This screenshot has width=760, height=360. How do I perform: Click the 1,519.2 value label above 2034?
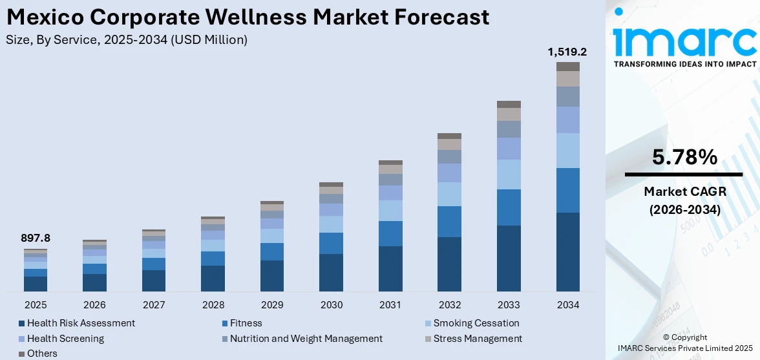tap(567, 52)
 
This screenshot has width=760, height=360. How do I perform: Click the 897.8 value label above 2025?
tap(36, 238)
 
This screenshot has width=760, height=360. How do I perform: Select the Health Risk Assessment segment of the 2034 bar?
tap(567, 251)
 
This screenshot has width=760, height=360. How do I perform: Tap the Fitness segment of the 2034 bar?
tap(567, 190)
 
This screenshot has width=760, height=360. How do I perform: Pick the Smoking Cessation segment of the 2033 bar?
tap(509, 175)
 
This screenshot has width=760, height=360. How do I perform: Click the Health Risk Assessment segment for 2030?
tap(331, 272)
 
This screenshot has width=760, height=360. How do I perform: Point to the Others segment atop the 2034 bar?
tap(567, 67)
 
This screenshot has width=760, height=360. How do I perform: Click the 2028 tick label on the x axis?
tap(213, 304)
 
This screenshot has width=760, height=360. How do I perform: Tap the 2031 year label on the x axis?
tap(390, 304)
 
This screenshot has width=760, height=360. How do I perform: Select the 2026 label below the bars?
tap(94, 304)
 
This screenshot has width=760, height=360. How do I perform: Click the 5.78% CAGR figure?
tap(683, 157)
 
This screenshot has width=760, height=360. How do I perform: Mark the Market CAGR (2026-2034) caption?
tap(683, 200)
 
